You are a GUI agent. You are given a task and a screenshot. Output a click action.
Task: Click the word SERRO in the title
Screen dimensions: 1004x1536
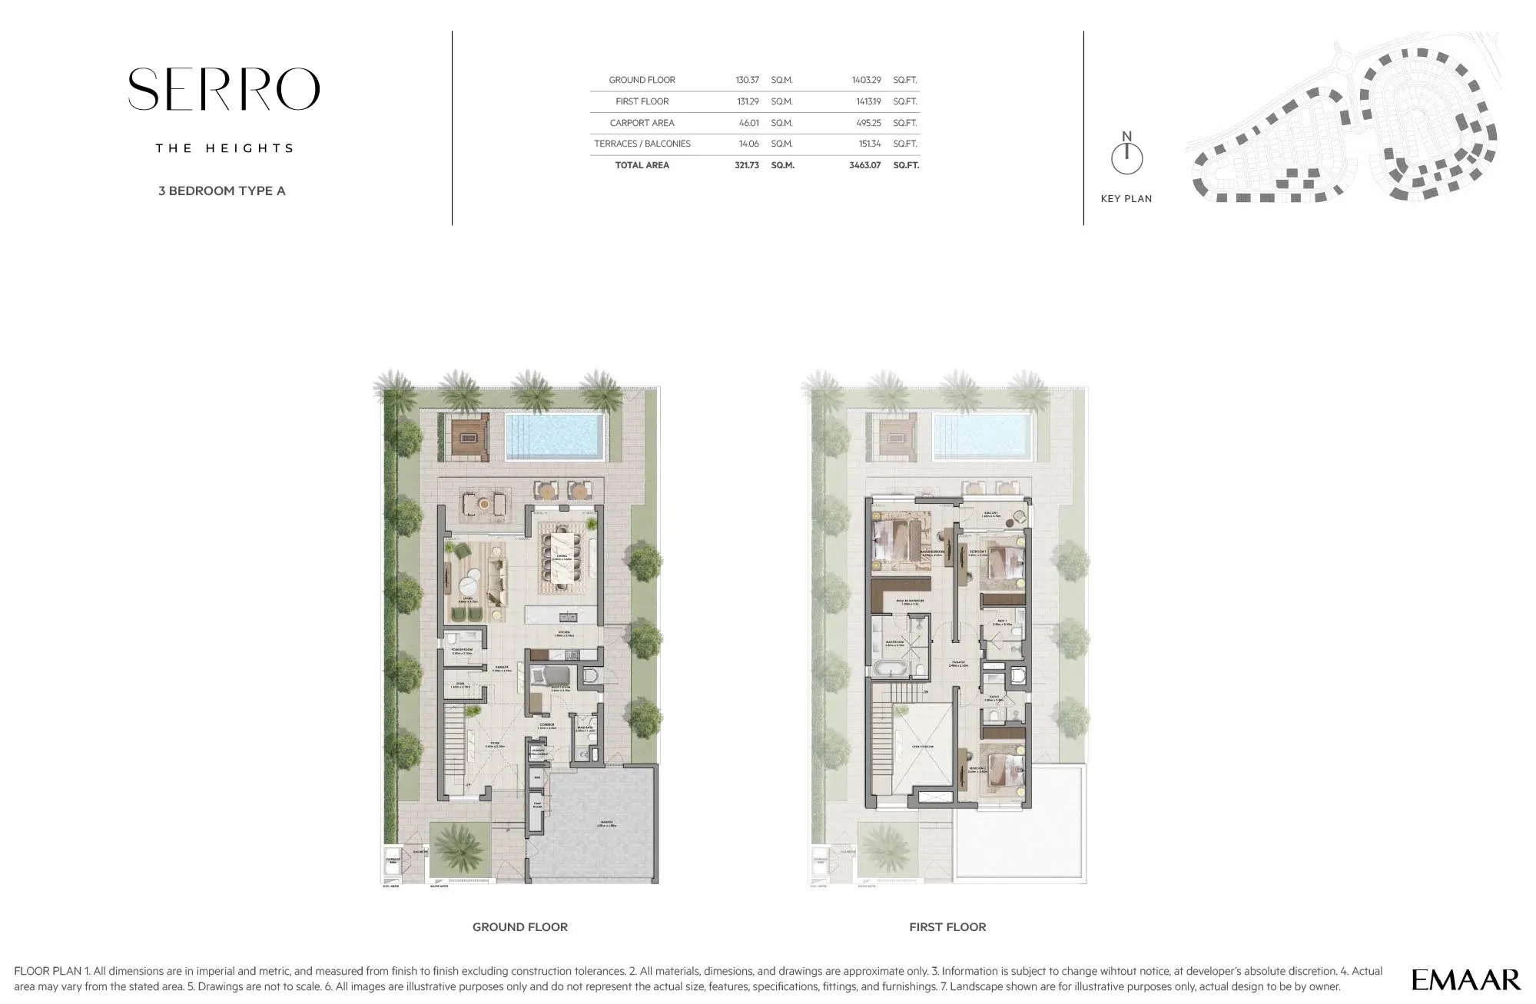click(223, 89)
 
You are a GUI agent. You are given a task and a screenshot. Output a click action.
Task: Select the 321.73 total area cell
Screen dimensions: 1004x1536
click(746, 165)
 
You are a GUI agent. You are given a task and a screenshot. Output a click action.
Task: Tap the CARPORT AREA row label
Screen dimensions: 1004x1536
click(642, 123)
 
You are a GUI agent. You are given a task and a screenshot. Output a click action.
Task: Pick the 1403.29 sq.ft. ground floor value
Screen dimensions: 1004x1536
click(866, 80)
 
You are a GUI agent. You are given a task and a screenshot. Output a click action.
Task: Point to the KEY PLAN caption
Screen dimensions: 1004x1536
click(1126, 199)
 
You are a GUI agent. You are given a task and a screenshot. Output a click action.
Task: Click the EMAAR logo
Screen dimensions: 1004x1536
click(1465, 979)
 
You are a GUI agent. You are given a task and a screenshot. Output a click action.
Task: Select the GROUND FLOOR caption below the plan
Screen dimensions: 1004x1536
click(519, 927)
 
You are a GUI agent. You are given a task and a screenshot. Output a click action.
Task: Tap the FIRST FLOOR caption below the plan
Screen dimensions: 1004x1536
click(947, 927)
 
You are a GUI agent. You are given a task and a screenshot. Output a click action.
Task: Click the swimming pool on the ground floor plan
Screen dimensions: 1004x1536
click(554, 435)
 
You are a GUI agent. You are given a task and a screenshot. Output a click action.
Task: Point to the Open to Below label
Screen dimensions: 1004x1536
click(922, 747)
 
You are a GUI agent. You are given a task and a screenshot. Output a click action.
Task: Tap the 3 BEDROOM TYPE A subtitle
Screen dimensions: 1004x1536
click(221, 191)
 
